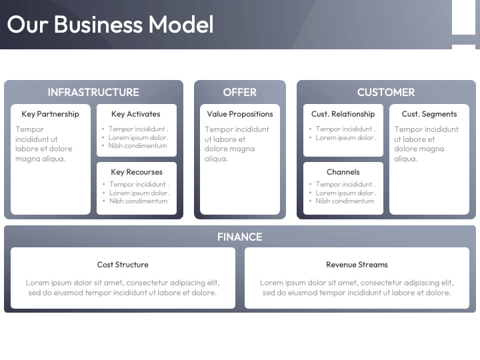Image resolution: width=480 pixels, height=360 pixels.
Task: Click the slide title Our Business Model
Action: tap(110, 25)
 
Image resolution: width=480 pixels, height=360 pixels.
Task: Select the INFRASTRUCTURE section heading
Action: tap(93, 92)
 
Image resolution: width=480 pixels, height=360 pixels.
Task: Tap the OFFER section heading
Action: tap(239, 92)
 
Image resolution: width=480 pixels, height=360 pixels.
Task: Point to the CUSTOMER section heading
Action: tap(386, 92)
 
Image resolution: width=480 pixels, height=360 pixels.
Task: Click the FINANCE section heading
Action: tap(239, 237)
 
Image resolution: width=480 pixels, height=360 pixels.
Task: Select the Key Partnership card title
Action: tap(50, 114)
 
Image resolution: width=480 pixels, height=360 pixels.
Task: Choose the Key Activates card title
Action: tap(136, 114)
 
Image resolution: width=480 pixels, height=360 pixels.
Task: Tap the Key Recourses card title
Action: tap(136, 172)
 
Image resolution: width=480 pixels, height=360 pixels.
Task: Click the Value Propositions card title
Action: tap(239, 114)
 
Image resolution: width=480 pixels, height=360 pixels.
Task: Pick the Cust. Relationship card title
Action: tap(343, 114)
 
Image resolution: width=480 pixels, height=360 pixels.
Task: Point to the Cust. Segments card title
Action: tap(429, 114)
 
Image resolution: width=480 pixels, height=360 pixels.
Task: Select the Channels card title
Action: tap(343, 172)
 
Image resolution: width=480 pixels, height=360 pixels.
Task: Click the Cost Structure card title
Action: tap(123, 265)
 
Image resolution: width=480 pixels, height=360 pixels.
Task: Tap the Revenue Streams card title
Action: tap(357, 265)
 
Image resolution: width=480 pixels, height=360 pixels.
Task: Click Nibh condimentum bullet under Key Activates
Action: tap(137, 145)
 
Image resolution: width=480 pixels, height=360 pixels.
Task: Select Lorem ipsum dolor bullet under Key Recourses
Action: tap(139, 193)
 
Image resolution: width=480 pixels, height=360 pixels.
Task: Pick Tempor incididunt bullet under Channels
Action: tap(345, 184)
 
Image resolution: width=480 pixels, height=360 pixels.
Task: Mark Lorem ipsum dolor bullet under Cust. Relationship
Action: tap(345, 137)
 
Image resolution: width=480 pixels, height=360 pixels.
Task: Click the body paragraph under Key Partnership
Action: tap(44, 144)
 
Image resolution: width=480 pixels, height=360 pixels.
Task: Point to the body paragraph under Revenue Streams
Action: tap(357, 287)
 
